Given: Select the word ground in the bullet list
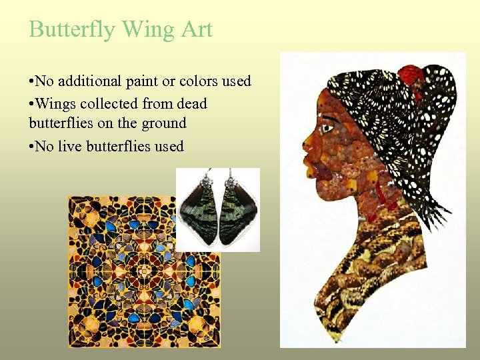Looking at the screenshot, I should coord(163,123).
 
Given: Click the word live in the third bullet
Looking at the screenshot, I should coord(70,146).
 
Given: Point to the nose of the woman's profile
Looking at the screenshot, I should coord(307,141).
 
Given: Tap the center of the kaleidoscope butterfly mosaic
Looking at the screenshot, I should coord(144,271).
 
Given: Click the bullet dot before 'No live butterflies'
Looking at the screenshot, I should coord(32,147).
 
